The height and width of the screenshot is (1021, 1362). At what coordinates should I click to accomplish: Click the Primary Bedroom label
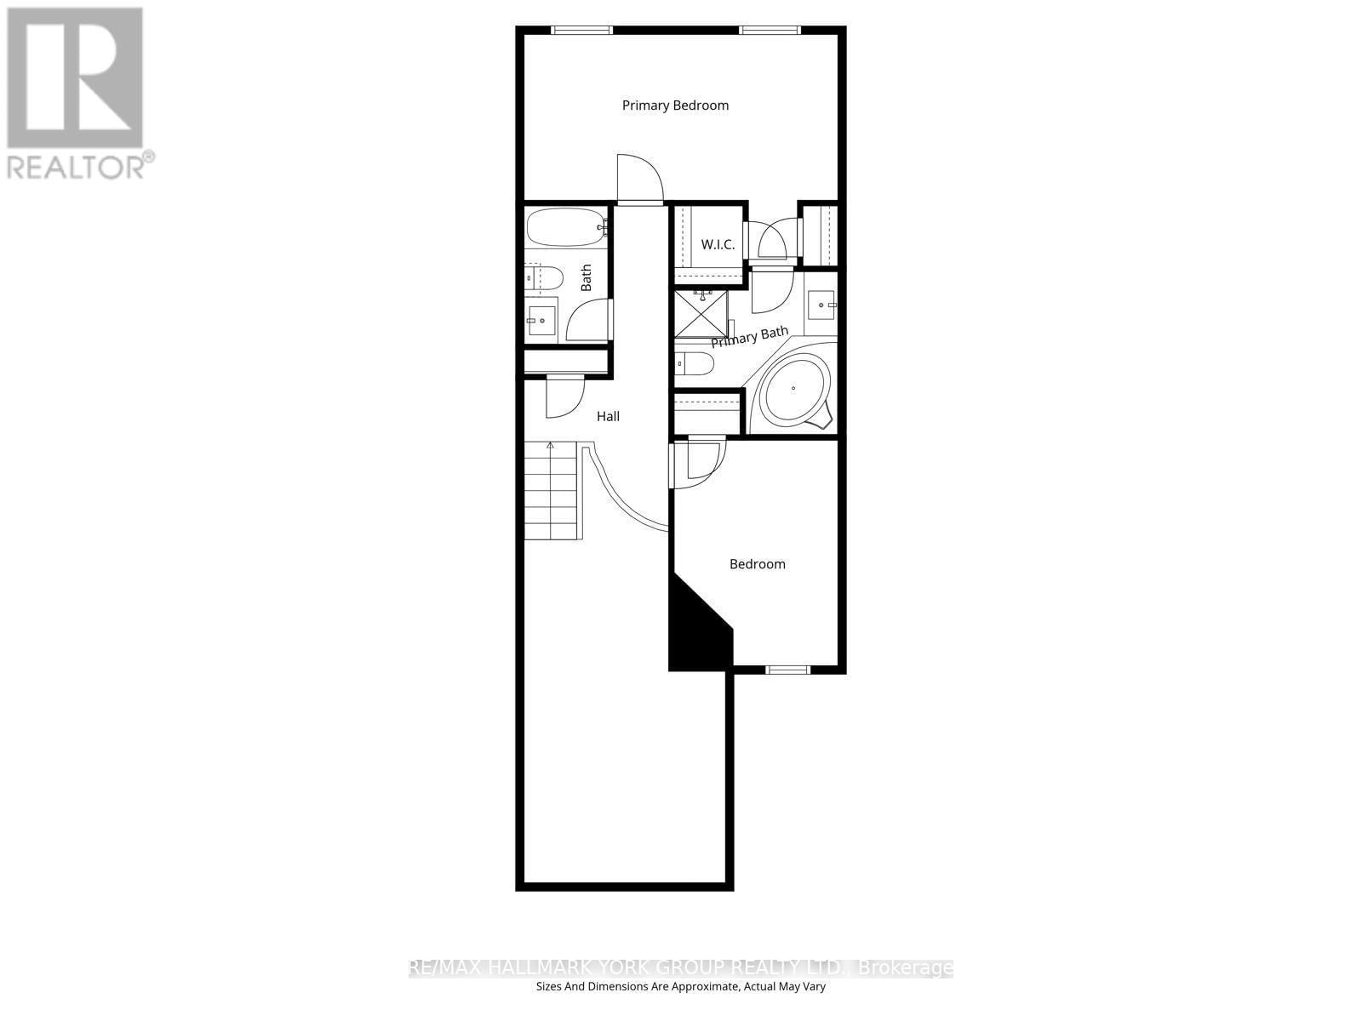click(x=675, y=106)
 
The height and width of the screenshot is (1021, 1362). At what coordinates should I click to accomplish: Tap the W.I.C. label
click(x=718, y=244)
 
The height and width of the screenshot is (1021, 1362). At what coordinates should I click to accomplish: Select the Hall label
click(x=608, y=416)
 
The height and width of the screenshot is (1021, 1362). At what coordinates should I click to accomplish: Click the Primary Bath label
click(x=750, y=337)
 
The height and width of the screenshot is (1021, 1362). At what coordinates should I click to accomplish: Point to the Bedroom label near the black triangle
click(x=757, y=564)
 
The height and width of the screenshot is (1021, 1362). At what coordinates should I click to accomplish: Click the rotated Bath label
click(x=587, y=277)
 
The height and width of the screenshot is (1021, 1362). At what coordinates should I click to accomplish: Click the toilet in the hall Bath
click(x=543, y=278)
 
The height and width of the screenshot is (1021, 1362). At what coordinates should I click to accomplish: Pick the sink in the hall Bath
click(x=541, y=321)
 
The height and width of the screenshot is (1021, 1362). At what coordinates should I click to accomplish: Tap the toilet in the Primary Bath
click(x=695, y=365)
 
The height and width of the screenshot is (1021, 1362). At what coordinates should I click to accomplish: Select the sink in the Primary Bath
click(x=821, y=304)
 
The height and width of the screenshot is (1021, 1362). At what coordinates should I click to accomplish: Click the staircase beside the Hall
click(x=552, y=491)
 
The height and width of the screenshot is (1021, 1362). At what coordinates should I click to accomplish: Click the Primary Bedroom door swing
click(x=639, y=178)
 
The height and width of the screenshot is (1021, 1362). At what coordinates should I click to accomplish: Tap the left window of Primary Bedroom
click(x=582, y=31)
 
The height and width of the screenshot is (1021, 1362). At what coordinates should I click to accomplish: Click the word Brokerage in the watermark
click(x=906, y=968)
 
